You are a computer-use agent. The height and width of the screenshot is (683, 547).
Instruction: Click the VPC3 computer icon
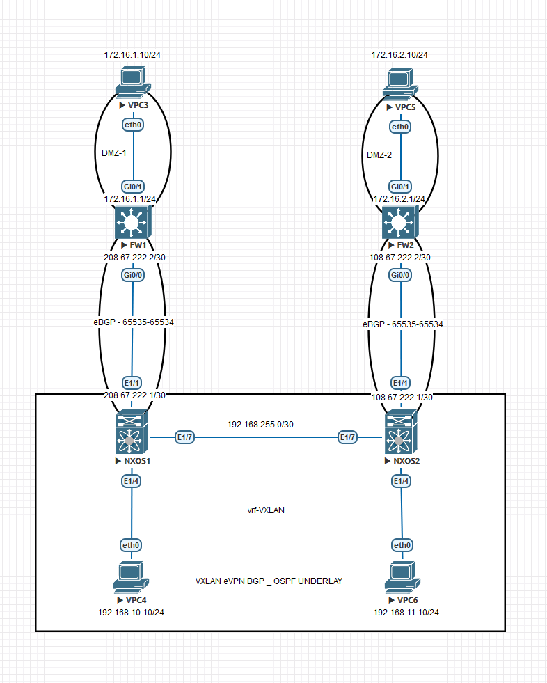tap(132, 82)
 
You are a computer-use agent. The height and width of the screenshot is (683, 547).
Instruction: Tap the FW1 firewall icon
tap(132, 223)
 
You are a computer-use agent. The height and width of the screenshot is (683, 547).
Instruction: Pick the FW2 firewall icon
tap(399, 223)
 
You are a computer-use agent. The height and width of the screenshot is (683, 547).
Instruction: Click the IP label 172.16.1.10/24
tap(132, 54)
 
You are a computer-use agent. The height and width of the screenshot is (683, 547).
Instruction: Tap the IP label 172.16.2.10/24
tap(399, 54)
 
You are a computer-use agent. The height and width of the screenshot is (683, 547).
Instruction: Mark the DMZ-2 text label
tap(379, 155)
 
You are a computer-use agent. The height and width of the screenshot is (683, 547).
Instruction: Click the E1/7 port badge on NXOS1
tap(185, 437)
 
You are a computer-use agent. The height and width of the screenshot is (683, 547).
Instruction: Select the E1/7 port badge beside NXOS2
tap(347, 437)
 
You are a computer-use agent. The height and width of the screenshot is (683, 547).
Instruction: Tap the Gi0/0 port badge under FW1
tap(132, 275)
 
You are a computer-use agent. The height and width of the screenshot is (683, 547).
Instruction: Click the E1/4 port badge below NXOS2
tap(399, 481)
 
